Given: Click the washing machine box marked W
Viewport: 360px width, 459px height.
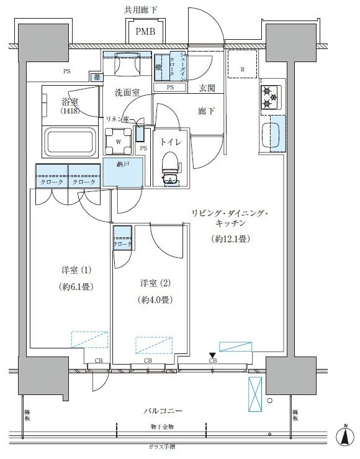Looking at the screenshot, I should coord(119,140).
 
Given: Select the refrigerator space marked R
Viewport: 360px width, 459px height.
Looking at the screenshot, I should coord(242,69).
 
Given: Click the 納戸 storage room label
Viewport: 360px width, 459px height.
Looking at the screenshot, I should coord(122,165).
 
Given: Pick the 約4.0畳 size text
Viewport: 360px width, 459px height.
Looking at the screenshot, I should coord(154,299).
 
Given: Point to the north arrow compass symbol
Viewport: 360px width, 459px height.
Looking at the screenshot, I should coord(343,437).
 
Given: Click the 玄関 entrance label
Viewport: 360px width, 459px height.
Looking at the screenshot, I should coord(207,89).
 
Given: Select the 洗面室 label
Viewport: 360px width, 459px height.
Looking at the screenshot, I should coord(126,93).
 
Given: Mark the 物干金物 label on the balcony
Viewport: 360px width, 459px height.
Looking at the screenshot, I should coord(162,427).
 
